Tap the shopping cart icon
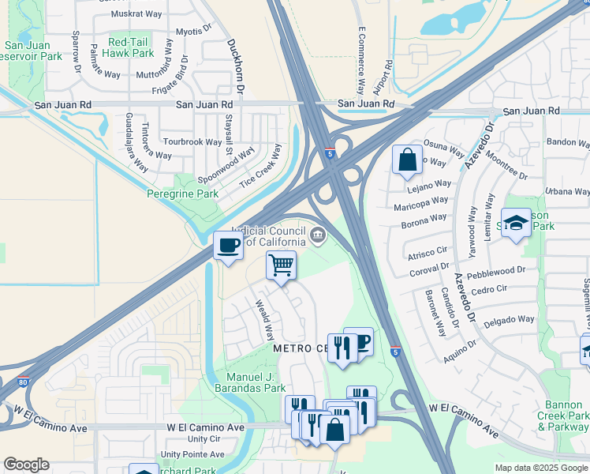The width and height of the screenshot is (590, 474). (281, 265)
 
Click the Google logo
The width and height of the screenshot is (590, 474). (26, 465)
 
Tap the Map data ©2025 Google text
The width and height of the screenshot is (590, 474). (540, 468)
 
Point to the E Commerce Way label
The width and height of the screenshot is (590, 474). (360, 60)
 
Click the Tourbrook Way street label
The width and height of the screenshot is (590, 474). (192, 142)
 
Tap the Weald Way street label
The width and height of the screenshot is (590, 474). (263, 318)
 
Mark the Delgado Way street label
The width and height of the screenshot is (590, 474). (509, 321)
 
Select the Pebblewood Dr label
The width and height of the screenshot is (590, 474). (495, 271)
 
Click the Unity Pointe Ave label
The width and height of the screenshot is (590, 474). (192, 455)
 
